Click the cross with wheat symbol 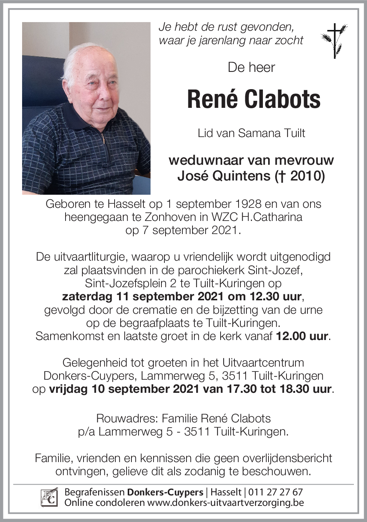coord(334,40)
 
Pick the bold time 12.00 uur coord(302,336)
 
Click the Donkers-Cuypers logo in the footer coord(49,497)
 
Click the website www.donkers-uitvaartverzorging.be coord(225,503)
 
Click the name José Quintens coord(224,176)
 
